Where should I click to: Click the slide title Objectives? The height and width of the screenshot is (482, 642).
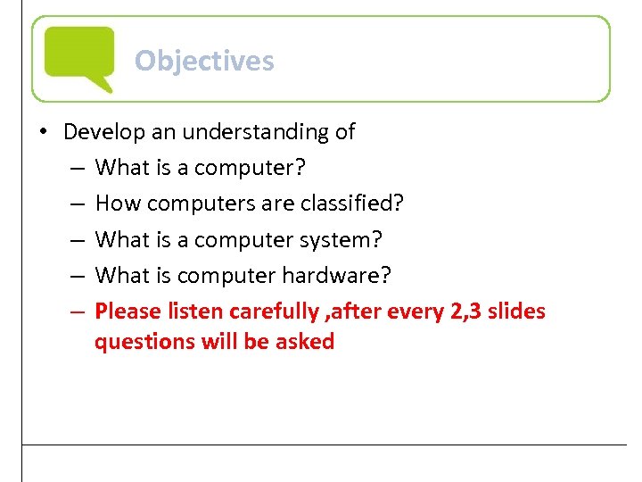click(x=204, y=61)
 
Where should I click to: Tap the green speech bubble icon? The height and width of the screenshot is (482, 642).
click(x=79, y=56)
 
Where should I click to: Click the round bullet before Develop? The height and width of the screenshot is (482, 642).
click(x=43, y=132)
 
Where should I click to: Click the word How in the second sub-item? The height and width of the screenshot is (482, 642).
click(x=118, y=204)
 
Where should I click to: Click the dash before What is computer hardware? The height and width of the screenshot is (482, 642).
click(x=77, y=276)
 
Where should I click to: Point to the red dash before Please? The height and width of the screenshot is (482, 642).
click(x=77, y=312)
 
